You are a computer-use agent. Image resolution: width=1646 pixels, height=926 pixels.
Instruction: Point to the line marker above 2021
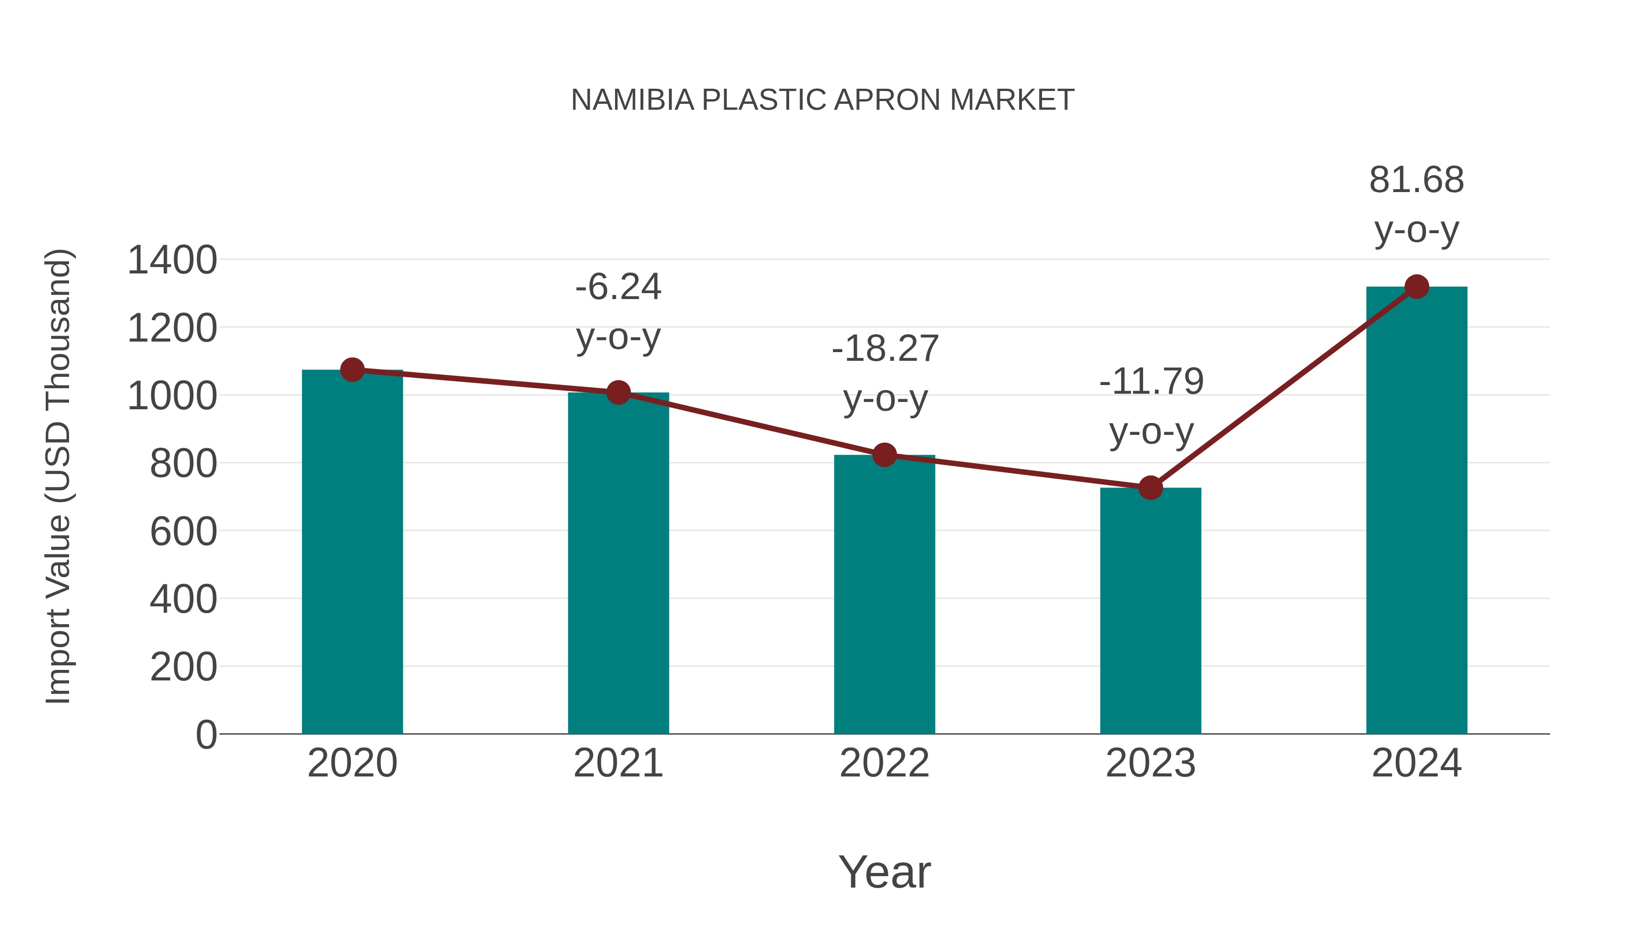pos(618,392)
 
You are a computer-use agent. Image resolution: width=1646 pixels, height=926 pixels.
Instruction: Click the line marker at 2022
pos(884,455)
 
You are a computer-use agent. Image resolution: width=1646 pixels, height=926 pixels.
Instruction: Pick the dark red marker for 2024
pos(1416,287)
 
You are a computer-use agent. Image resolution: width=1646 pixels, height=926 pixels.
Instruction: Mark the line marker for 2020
pos(352,369)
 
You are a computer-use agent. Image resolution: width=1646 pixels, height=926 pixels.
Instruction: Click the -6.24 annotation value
pos(618,287)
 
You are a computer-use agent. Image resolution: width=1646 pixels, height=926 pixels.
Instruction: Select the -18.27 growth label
pos(884,349)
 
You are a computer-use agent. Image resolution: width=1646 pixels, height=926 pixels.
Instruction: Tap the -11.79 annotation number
pos(1151,381)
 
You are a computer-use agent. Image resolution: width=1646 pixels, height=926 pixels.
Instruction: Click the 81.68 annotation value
pos(1416,180)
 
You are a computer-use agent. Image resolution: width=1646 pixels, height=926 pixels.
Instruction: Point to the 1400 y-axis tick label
pos(172,261)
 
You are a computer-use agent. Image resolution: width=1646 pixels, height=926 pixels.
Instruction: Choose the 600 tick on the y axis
pos(183,532)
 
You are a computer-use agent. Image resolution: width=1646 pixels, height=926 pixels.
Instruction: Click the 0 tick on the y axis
pos(206,735)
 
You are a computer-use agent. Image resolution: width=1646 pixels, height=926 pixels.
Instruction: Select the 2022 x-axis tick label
pos(884,763)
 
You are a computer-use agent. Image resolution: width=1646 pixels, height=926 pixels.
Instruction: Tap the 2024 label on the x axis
pos(1416,763)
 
